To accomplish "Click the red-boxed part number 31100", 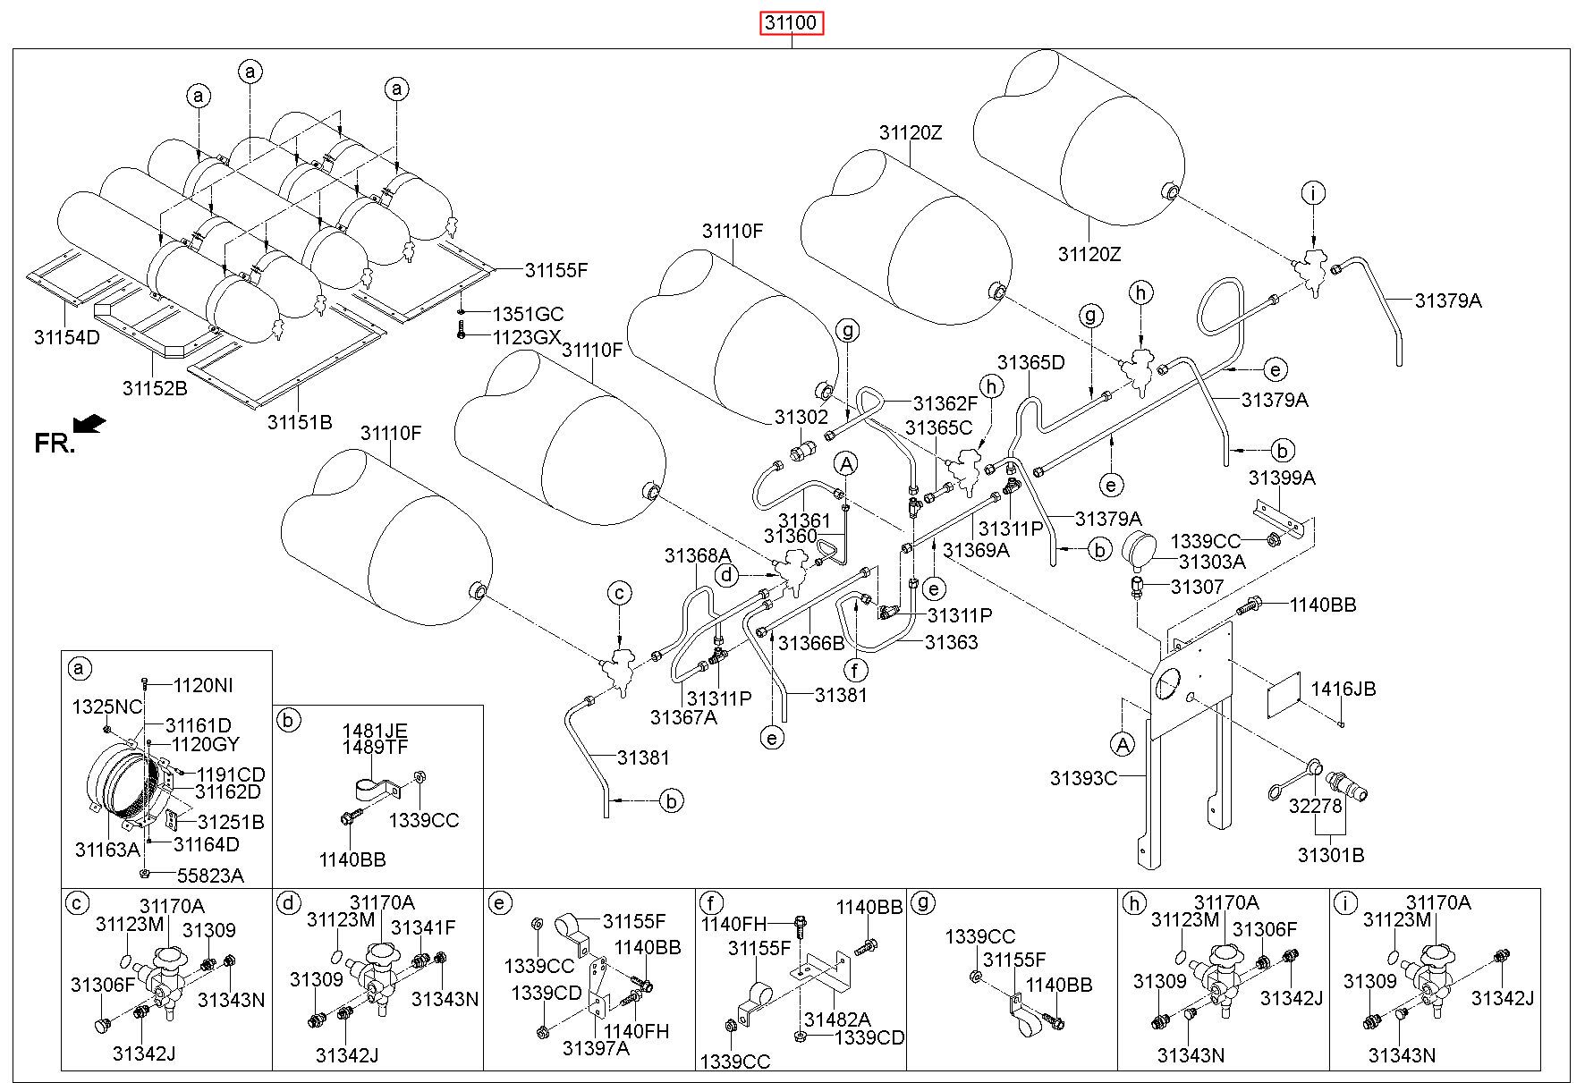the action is pos(792,22).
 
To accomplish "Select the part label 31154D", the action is pos(67,337).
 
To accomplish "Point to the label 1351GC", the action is pos(529,314).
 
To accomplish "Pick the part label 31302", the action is pos(801,416).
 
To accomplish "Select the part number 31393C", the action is pos(1083,778).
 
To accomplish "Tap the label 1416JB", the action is pos(1343,689).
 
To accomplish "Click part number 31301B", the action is pos(1331,855).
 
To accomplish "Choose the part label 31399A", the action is pos(1282,478).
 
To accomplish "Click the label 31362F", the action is pos(945,403).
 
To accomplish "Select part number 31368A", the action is pos(697,556).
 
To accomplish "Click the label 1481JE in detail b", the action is pos(374,731).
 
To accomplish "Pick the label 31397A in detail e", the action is pos(596,1047).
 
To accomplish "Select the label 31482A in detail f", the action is pos(836,1019).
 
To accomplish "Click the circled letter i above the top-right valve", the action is pos(1313,192).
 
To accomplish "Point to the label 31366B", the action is pos(811,642).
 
